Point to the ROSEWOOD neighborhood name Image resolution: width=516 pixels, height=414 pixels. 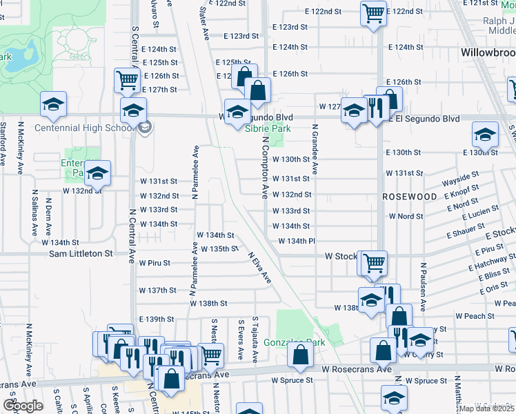[410, 197]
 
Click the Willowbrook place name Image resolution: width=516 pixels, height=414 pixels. [487, 52]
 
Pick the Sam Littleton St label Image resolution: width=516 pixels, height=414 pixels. [80, 254]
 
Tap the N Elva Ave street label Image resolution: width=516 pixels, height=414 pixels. [259, 266]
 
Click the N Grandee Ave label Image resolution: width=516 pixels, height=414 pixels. [315, 149]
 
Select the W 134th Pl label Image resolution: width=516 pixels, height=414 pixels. [297, 241]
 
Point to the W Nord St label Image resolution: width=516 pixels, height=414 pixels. [406, 216]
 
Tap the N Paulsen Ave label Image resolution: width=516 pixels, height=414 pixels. [423, 282]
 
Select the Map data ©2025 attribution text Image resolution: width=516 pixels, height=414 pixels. [486, 408]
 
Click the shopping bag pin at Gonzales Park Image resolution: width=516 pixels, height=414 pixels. [301, 355]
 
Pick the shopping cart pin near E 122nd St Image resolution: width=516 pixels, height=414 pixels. [373, 12]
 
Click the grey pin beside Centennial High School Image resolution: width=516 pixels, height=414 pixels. [145, 127]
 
